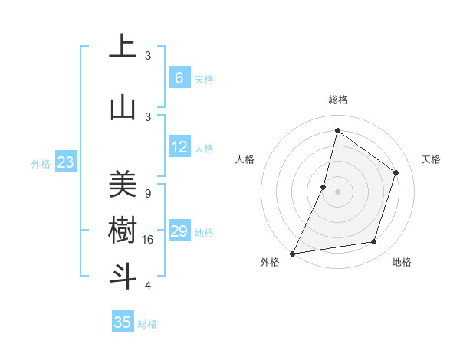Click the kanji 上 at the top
tap(123, 47)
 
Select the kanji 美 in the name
tap(123, 183)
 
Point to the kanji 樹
tap(123, 229)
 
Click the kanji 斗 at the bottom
tap(123, 275)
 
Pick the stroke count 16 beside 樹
tap(148, 240)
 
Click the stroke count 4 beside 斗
tap(148, 286)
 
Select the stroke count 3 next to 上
tap(148, 56)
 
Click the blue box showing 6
tap(179, 78)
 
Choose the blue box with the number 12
tap(179, 147)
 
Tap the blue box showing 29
tap(179, 231)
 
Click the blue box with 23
tap(65, 162)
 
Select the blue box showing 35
tap(123, 322)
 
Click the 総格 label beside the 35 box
tap(147, 324)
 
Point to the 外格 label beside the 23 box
tap(41, 164)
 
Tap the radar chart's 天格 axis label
tap(431, 159)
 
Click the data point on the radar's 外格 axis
tap(292, 254)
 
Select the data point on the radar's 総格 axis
tap(337, 130)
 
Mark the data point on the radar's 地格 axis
tap(374, 242)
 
